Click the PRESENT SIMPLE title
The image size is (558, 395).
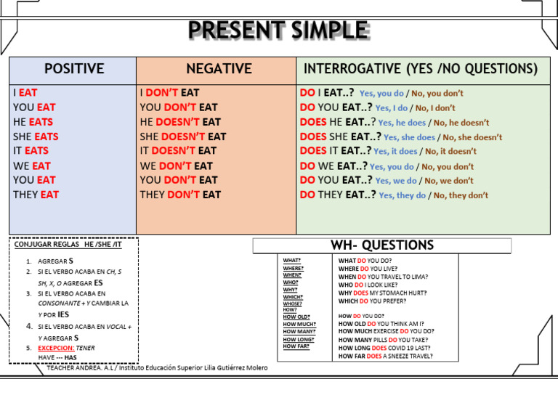[x=278, y=30]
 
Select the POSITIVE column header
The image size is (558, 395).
[x=73, y=69]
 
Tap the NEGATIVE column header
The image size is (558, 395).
[x=219, y=69]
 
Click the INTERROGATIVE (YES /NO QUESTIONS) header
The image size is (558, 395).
[x=421, y=69]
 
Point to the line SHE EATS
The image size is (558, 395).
[x=36, y=137]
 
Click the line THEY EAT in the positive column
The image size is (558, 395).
[x=36, y=195]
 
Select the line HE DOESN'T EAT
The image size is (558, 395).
[x=180, y=122]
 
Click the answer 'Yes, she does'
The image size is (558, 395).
[x=409, y=137]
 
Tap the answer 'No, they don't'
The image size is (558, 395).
[x=461, y=195]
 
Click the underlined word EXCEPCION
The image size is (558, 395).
[x=55, y=348]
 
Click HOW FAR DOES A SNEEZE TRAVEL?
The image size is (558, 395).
[x=385, y=356]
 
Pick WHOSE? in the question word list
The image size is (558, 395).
[x=293, y=304]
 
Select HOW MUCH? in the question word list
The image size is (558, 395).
[x=299, y=325]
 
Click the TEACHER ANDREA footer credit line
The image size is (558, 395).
[x=157, y=368]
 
